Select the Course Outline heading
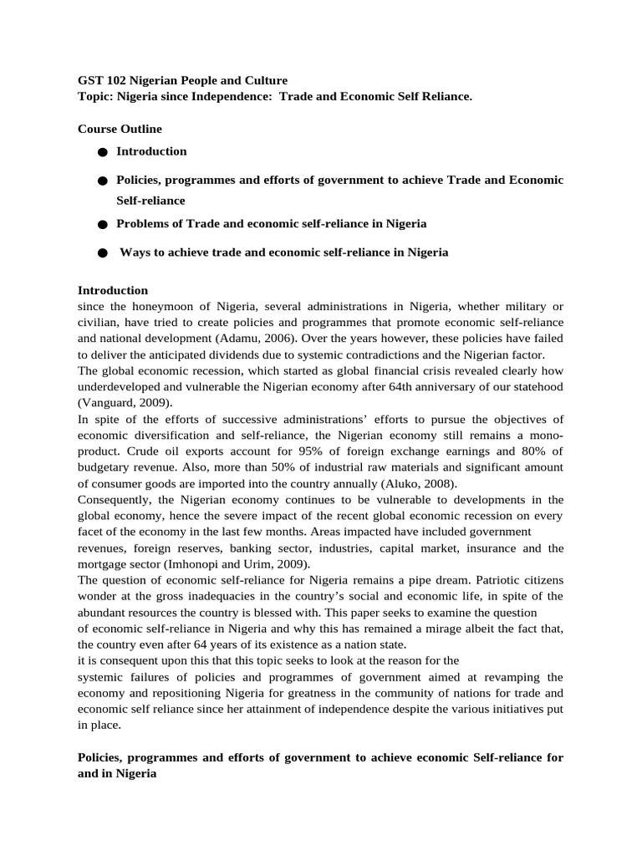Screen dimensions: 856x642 click(x=120, y=129)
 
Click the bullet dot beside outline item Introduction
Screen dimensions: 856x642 click(x=102, y=152)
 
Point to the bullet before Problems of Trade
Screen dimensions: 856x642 click(x=102, y=225)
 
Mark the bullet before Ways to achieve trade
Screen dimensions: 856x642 click(x=102, y=252)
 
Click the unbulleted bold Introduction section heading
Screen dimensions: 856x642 click(x=113, y=290)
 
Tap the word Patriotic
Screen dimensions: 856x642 click(x=482, y=578)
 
